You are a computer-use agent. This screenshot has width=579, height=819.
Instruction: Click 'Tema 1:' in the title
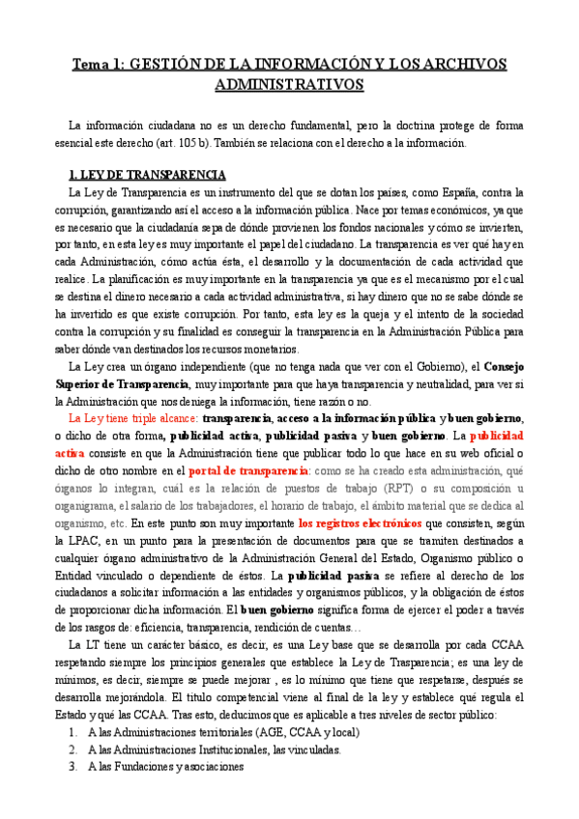[x=101, y=65]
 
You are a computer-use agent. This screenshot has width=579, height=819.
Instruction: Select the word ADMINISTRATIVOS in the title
[x=289, y=84]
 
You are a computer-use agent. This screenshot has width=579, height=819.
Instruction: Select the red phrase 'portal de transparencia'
[x=248, y=470]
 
